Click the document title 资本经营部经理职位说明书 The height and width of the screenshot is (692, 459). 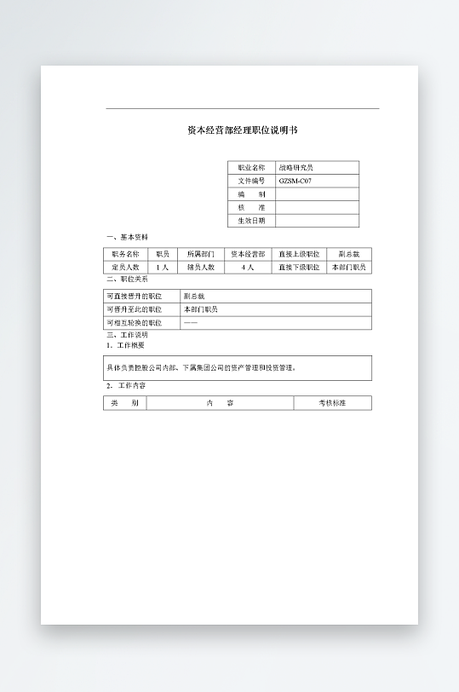(242, 130)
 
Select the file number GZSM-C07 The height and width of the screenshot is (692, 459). (295, 182)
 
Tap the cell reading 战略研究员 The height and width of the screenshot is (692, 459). (296, 168)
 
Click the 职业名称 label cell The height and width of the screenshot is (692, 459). (251, 168)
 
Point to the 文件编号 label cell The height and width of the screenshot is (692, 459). (251, 182)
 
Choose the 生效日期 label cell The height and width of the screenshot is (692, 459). (251, 221)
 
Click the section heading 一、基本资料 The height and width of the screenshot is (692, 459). (127, 237)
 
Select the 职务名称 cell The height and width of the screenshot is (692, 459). (125, 254)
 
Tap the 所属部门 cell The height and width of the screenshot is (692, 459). (201, 254)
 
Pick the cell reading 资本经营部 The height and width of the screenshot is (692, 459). (248, 254)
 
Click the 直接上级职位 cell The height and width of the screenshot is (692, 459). (299, 254)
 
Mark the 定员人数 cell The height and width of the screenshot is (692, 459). (125, 267)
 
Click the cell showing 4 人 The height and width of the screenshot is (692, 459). (248, 267)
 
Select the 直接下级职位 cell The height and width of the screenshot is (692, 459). (299, 267)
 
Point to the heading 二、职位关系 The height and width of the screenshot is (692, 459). (127, 279)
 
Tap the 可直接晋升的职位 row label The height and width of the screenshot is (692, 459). (135, 296)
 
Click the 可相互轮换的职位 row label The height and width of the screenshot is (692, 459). (135, 323)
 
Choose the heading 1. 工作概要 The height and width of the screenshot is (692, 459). (125, 345)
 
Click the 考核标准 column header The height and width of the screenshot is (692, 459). (332, 402)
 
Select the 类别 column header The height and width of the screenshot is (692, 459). (124, 402)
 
